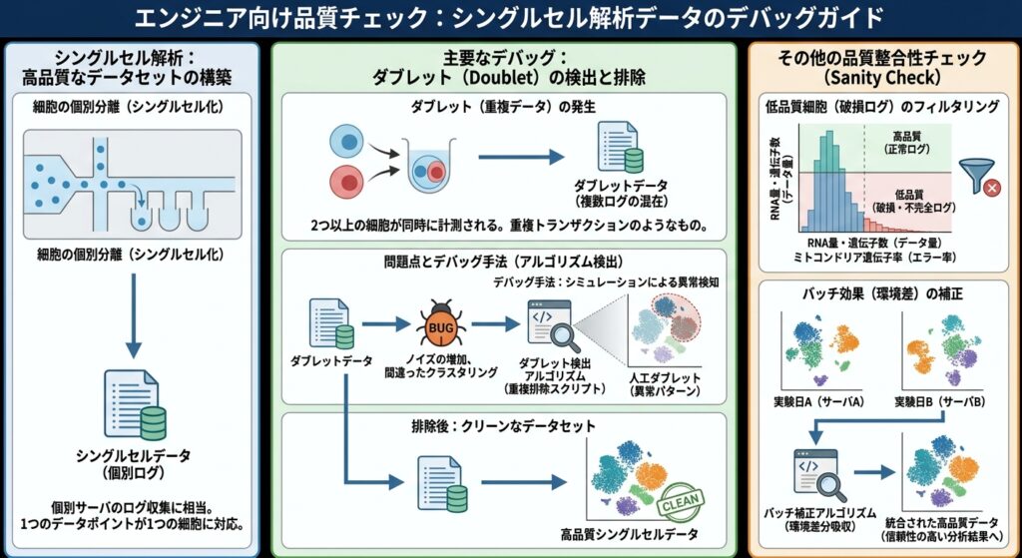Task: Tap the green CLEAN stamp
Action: click(681, 502)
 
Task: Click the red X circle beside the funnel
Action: click(992, 189)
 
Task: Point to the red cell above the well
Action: click(346, 181)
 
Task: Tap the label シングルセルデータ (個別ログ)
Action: click(134, 464)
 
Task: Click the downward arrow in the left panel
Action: click(133, 315)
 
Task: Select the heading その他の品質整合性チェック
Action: click(882, 58)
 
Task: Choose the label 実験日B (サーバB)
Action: click(939, 401)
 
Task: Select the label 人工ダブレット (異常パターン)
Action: click(665, 384)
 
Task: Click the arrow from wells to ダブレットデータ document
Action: click(521, 157)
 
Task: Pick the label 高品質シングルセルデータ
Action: click(629, 534)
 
